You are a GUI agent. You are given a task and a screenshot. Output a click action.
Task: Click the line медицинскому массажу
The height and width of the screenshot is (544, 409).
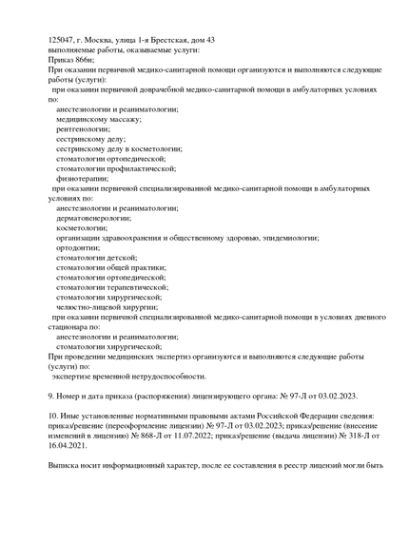98,119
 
